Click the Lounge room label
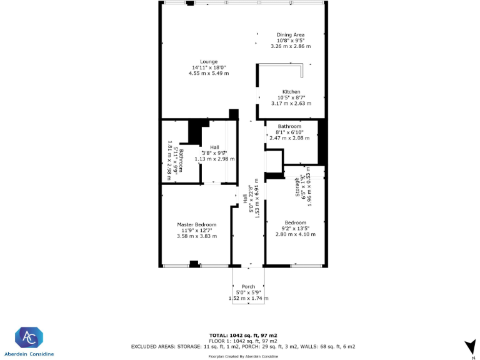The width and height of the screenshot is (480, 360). (x=209, y=62)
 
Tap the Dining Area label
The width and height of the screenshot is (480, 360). (x=291, y=35)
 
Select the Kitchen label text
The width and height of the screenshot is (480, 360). (x=291, y=92)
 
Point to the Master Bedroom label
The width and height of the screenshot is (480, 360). (x=196, y=225)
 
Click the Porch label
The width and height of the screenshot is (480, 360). (x=248, y=287)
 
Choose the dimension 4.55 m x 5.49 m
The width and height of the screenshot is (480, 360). (x=209, y=73)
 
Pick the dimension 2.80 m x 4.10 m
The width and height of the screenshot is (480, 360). (x=296, y=234)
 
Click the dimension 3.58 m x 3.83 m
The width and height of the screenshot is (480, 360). (x=196, y=236)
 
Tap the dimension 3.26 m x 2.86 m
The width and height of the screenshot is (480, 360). (x=291, y=46)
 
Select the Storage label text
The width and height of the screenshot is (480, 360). (x=298, y=187)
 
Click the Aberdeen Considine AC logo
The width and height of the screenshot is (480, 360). (x=29, y=337)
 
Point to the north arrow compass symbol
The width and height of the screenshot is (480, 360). (x=468, y=346)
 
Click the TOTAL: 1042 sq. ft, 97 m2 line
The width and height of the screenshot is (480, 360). (x=243, y=336)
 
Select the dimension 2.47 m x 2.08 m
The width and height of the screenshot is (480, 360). (x=294, y=137)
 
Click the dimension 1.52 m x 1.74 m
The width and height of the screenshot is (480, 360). (x=248, y=298)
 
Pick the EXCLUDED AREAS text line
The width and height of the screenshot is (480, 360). (x=243, y=346)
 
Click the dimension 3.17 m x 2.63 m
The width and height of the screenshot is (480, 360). (x=291, y=103)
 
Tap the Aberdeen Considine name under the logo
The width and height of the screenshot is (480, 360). (x=30, y=354)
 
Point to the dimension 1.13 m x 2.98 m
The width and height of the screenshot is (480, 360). (x=215, y=159)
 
